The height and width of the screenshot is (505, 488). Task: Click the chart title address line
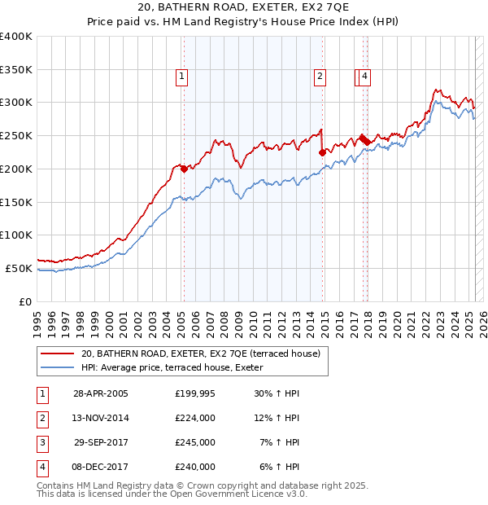tap(243, 9)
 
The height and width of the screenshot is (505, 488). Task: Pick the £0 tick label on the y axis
tap(26, 301)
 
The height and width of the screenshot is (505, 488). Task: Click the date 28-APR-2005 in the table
tap(101, 393)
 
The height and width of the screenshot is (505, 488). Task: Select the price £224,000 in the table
tap(195, 418)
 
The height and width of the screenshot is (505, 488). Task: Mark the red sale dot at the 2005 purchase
tap(184, 169)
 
